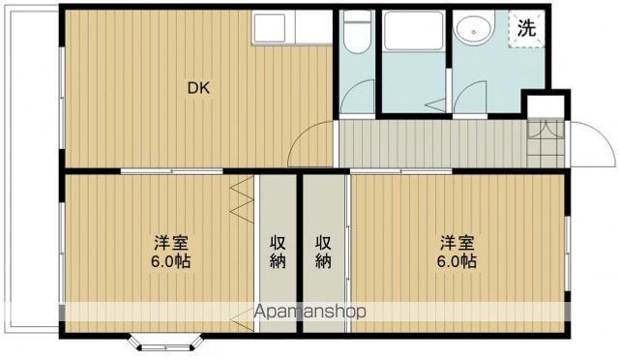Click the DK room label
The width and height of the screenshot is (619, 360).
pos(198,88)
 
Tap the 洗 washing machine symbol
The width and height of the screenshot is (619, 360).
pos(526,28)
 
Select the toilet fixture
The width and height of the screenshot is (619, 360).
pos(357,32)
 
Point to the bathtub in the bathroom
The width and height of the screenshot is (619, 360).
pos(413,31)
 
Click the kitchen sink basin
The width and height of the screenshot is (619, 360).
pos(269,28)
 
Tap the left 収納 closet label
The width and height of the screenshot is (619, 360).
pos(278,252)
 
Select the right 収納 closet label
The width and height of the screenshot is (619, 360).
pos(323,252)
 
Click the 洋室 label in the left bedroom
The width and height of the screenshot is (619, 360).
pos(171,243)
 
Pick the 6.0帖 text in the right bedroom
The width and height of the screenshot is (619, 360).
pos(457,261)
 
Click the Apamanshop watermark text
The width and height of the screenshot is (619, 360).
pos(309,312)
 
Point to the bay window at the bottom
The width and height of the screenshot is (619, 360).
pos(166,343)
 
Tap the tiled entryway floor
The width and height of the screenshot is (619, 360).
pos(545,142)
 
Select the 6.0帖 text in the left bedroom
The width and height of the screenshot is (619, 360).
pos(170,261)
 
